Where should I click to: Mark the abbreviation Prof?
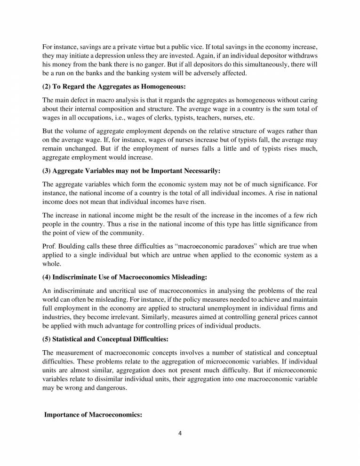point(49,246)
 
